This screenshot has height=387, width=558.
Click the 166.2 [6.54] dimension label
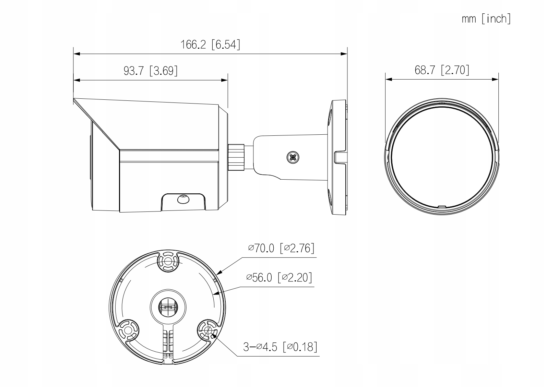click(x=210, y=45)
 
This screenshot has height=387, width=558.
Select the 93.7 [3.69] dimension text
click(x=151, y=71)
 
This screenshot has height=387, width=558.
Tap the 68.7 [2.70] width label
click(x=442, y=70)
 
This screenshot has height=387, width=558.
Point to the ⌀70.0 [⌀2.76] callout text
click(x=281, y=248)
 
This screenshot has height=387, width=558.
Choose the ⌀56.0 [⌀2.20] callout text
click(x=279, y=277)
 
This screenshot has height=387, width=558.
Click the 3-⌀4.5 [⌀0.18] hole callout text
click(x=280, y=347)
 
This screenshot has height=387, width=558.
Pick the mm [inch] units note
click(x=486, y=19)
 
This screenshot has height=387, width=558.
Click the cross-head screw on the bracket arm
click(x=293, y=157)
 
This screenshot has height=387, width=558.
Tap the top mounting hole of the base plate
click(x=168, y=262)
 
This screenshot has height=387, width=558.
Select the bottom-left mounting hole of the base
click(x=128, y=330)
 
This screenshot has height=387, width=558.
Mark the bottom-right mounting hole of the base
click(x=208, y=330)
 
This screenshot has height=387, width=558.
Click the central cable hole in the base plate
click(x=168, y=307)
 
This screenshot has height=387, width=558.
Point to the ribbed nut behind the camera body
click(x=236, y=157)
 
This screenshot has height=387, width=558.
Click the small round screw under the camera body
click(x=183, y=199)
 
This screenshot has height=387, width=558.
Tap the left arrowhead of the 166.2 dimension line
click(x=77, y=54)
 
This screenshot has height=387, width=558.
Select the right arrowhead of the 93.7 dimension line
click(x=224, y=80)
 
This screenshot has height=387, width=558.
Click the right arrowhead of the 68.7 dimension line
click(x=495, y=80)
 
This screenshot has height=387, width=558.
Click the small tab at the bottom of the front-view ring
click(x=442, y=206)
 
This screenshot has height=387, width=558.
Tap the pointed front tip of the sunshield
click(x=74, y=99)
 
